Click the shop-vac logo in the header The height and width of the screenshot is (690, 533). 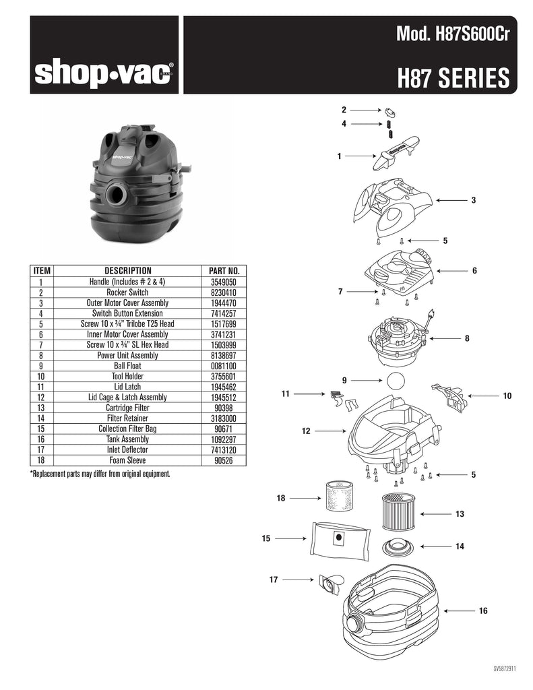point(104,73)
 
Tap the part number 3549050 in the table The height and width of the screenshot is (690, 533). point(224,282)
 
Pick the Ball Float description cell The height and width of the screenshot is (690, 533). point(127,366)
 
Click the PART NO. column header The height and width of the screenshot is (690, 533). point(224,271)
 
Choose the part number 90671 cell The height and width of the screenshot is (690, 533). point(224,429)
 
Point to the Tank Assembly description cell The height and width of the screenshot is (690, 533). point(127,439)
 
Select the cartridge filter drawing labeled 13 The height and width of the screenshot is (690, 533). point(397,512)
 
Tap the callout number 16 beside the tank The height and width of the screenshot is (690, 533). point(483,610)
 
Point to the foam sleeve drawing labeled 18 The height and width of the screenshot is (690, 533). point(340,496)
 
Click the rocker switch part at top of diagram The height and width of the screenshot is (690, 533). point(391,112)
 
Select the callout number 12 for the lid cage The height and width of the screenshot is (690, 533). point(306,431)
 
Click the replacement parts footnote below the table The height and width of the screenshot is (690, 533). point(100,474)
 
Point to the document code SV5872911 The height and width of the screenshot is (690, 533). point(505,669)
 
